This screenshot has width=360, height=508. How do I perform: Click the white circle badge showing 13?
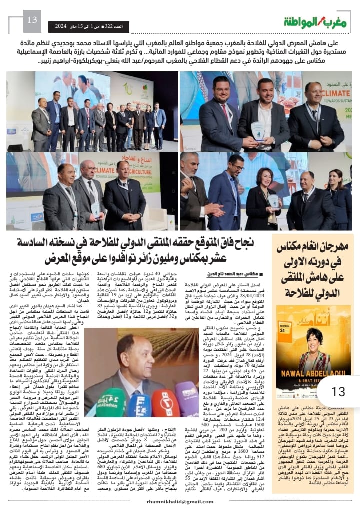pyautogui.click(x=338, y=391)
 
